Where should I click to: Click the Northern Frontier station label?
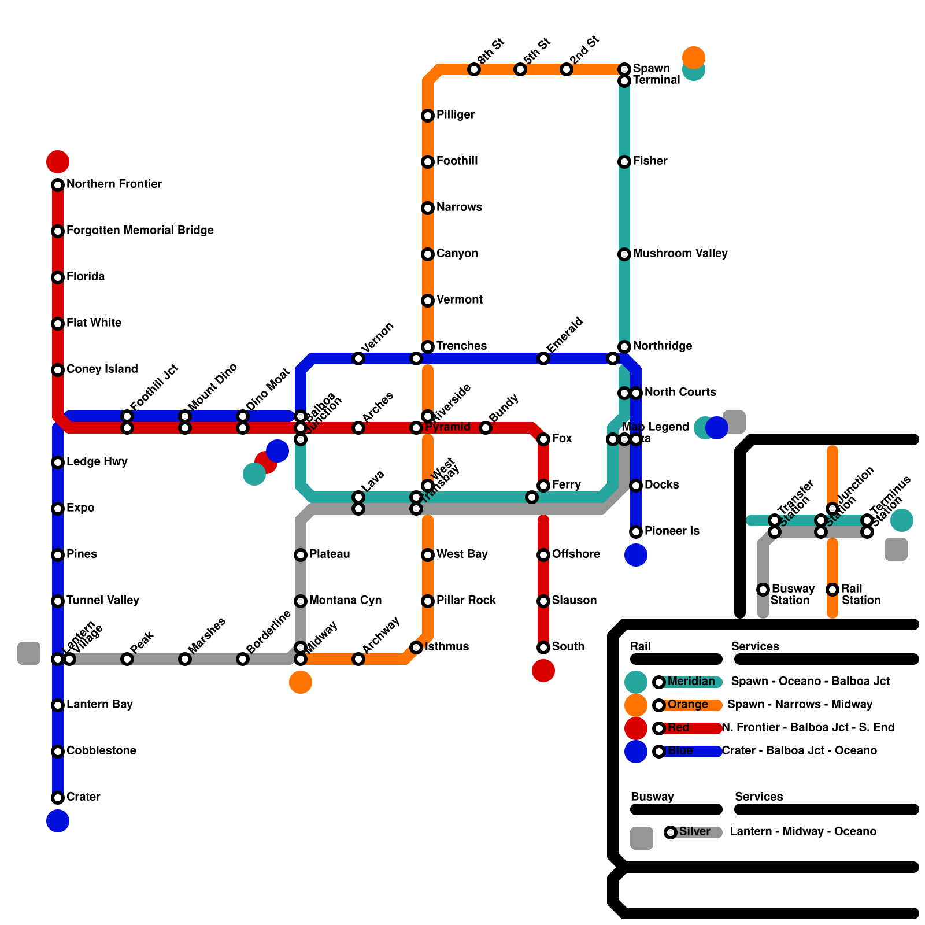114,184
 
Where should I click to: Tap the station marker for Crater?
58,798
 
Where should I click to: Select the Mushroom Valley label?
680,253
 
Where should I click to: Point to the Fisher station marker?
624,162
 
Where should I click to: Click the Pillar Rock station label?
466,600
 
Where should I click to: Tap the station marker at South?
543,647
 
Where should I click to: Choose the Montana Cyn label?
345,600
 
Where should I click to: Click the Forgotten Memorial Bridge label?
140,230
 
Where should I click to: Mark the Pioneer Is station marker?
636,532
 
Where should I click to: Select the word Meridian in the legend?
691,681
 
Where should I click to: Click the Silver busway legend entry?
694,832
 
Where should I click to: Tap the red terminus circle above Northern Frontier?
58,162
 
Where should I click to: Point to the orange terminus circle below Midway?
301,682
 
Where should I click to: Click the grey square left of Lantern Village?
29,653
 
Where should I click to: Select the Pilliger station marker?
428,116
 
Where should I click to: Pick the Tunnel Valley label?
102,600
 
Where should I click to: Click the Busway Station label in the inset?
792,594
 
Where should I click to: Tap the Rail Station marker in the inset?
832,590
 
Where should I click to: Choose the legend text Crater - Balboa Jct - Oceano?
799,750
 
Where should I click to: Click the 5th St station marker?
520,69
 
